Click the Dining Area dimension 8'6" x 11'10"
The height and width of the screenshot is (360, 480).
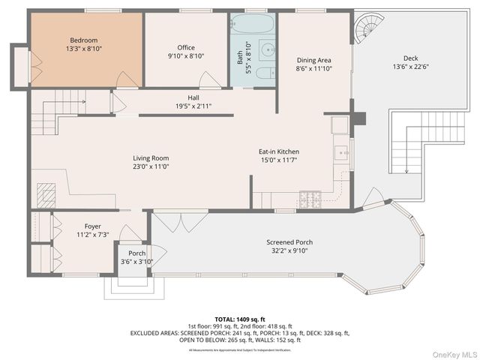[x=313, y=69]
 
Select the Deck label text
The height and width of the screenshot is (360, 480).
[x=410, y=58]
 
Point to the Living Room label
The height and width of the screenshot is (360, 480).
[x=151, y=158]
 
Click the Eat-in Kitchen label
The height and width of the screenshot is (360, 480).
[x=279, y=151]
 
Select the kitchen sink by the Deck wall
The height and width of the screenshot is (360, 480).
[x=342, y=153]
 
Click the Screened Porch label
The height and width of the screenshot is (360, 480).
[x=289, y=242]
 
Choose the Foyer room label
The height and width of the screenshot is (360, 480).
[x=92, y=226]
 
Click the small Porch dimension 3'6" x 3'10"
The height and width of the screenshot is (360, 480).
[x=136, y=262]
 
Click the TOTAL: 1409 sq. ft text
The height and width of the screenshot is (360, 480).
[x=239, y=319]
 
